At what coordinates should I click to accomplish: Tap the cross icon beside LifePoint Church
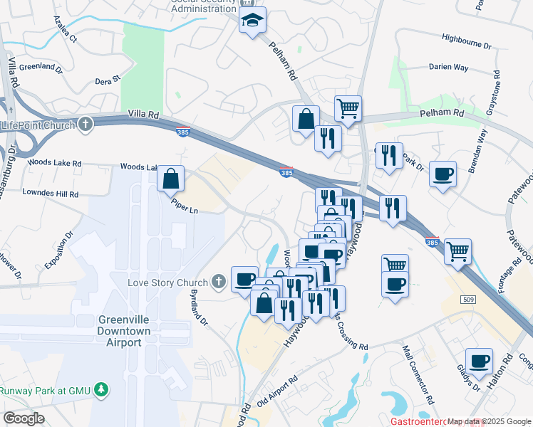pyautogui.click(x=85, y=125)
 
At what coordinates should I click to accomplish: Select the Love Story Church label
pyautogui.click(x=168, y=283)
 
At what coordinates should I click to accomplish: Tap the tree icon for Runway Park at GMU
pyautogui.click(x=102, y=389)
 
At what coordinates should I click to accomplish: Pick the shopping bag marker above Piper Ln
pyautogui.click(x=171, y=179)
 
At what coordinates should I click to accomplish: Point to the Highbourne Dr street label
pyautogui.click(x=466, y=43)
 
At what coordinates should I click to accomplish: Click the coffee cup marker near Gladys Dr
pyautogui.click(x=479, y=361)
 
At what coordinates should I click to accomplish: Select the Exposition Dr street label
pyautogui.click(x=58, y=250)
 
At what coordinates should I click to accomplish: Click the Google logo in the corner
pyautogui.click(x=24, y=418)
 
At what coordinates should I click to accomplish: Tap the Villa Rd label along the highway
pyautogui.click(x=143, y=114)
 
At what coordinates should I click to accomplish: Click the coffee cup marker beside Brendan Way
pyautogui.click(x=443, y=174)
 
